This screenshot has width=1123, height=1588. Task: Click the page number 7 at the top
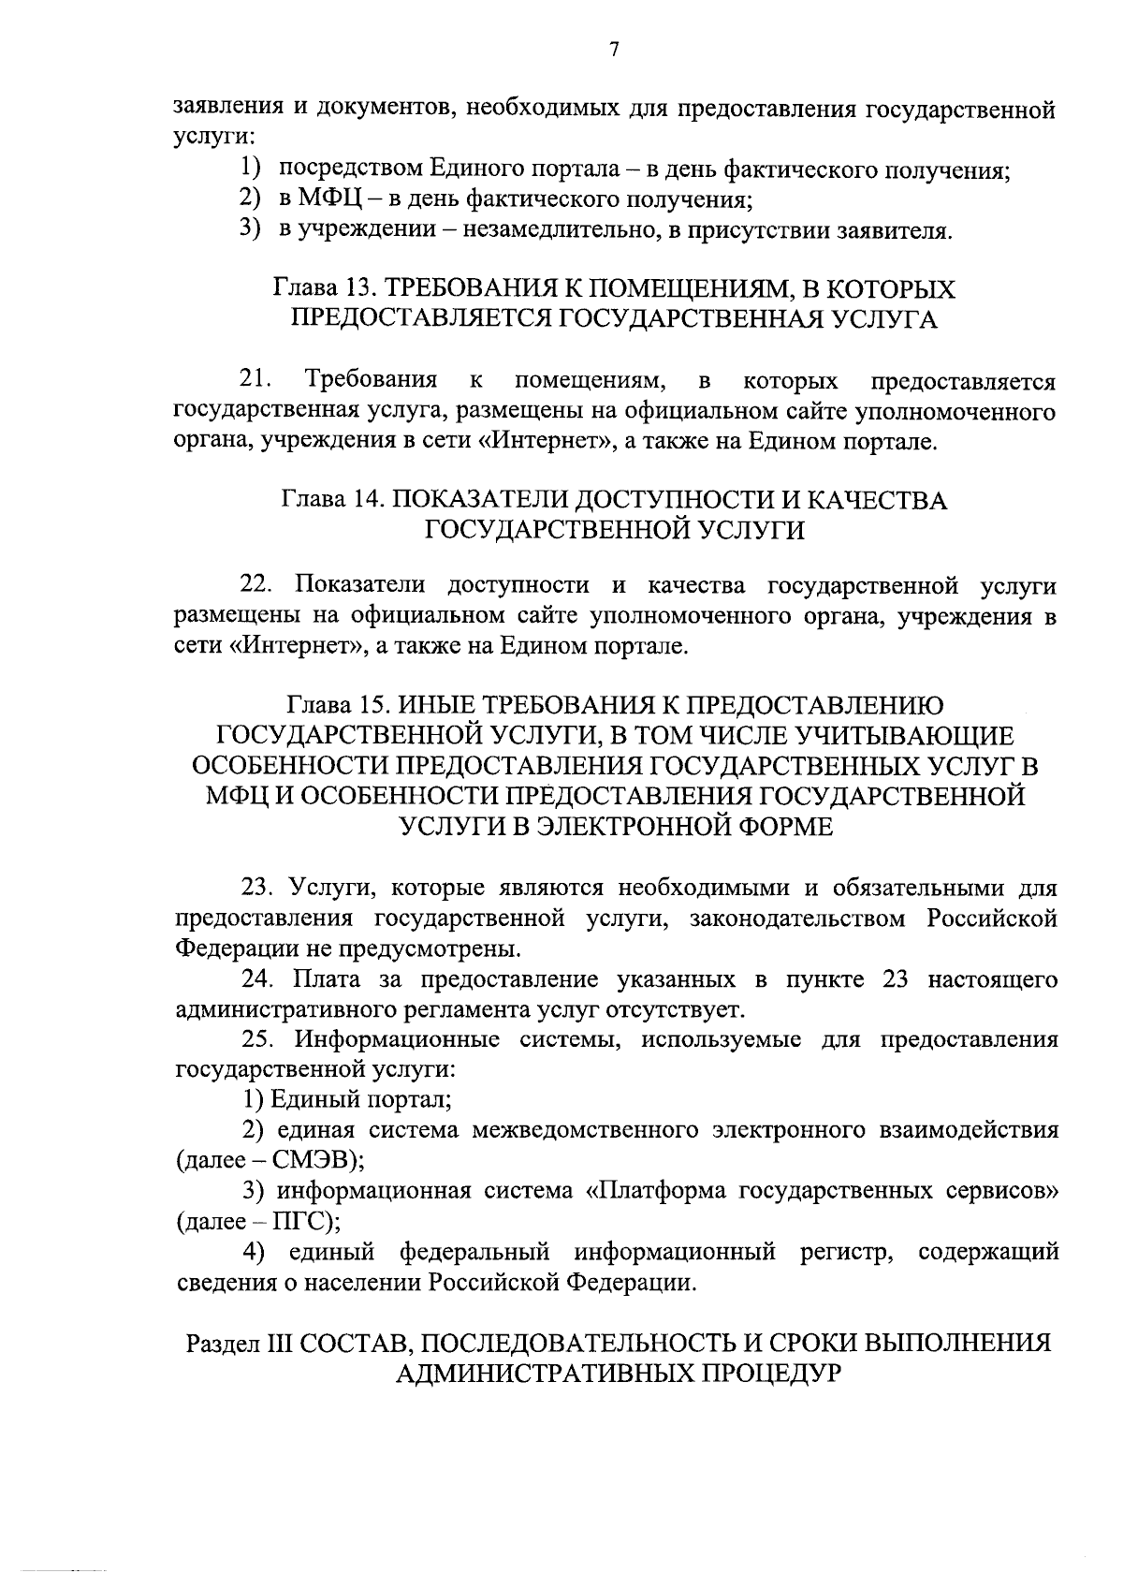pos(613,51)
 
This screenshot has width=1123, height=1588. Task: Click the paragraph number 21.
pos(255,380)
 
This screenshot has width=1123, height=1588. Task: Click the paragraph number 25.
pos(257,1039)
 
